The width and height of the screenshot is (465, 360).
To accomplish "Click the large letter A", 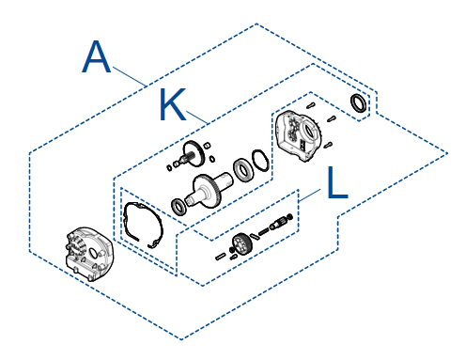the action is (x=97, y=56).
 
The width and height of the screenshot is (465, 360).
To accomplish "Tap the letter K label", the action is (x=173, y=104).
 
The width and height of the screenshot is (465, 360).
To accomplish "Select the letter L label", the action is (x=337, y=182).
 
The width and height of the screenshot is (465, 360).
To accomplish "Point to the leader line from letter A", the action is (x=130, y=76).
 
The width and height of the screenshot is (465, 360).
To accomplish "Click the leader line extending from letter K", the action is (x=197, y=117).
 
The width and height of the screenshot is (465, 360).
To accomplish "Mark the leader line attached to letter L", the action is (x=310, y=196).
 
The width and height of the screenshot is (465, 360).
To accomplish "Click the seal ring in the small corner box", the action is (x=358, y=102).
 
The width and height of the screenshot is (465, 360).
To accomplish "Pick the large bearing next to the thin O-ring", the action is (x=243, y=169).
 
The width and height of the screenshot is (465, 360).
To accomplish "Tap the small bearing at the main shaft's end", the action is (x=179, y=207).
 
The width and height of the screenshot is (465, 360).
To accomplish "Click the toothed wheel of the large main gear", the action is (x=213, y=191).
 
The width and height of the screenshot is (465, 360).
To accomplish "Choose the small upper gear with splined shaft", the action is (x=193, y=153).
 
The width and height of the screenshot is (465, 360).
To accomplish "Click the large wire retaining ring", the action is (x=144, y=224).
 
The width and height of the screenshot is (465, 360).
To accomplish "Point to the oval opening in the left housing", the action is (x=93, y=253).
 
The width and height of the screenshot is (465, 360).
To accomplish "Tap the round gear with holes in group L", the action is (x=240, y=243).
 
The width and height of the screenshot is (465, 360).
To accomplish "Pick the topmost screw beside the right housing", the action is (x=310, y=105).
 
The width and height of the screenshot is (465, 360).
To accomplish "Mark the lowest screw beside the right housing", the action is (x=328, y=145).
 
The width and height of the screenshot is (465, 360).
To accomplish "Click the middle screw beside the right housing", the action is (x=332, y=118).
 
